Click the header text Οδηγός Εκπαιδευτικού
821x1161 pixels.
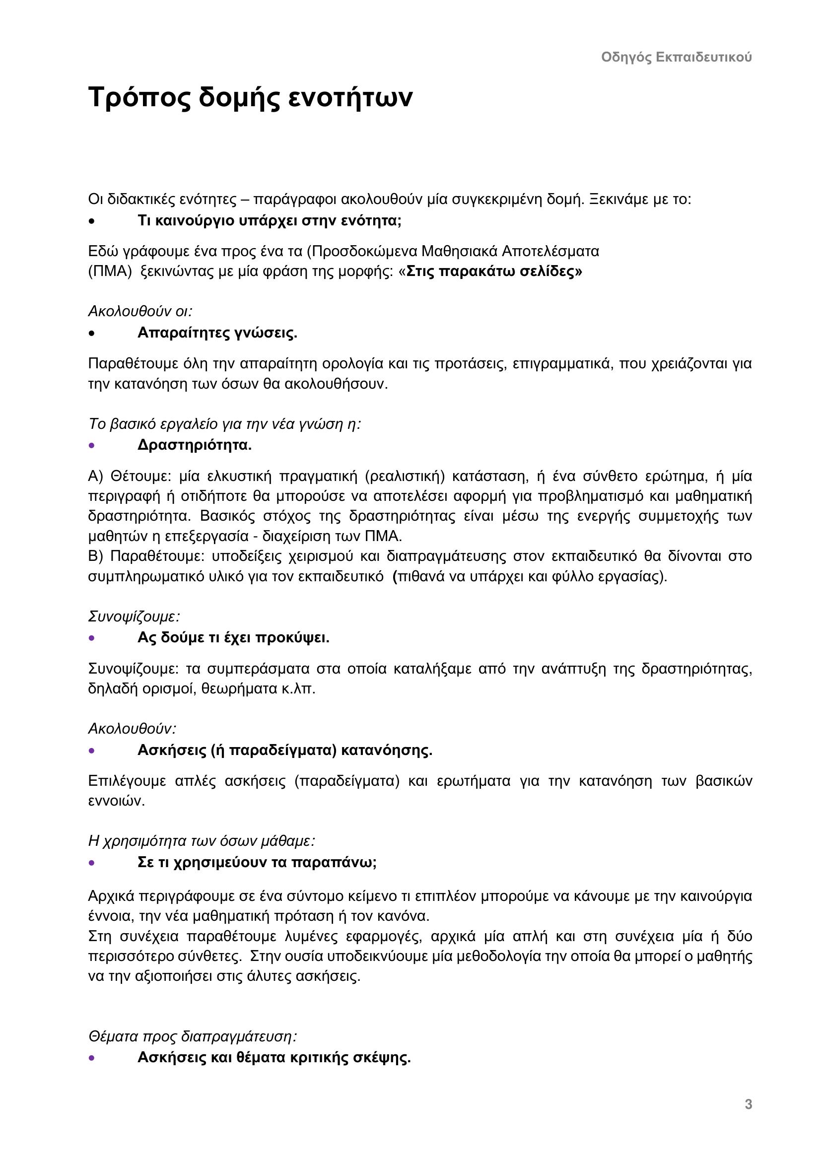[x=676, y=57]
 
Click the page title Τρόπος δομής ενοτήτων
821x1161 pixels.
[x=250, y=97]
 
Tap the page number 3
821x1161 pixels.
[x=748, y=1104]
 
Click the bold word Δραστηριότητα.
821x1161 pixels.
[x=195, y=445]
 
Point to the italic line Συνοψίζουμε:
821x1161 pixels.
[x=134, y=617]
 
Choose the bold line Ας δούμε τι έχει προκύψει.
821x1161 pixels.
[x=233, y=638]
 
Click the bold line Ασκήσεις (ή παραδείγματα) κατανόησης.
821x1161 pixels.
[x=284, y=751]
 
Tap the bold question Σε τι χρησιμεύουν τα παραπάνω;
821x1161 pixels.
[x=257, y=863]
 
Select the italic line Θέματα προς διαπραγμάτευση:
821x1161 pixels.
[x=192, y=1036]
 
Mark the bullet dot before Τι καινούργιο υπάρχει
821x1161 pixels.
[x=91, y=221]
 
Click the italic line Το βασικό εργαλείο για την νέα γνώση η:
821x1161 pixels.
[x=224, y=424]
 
